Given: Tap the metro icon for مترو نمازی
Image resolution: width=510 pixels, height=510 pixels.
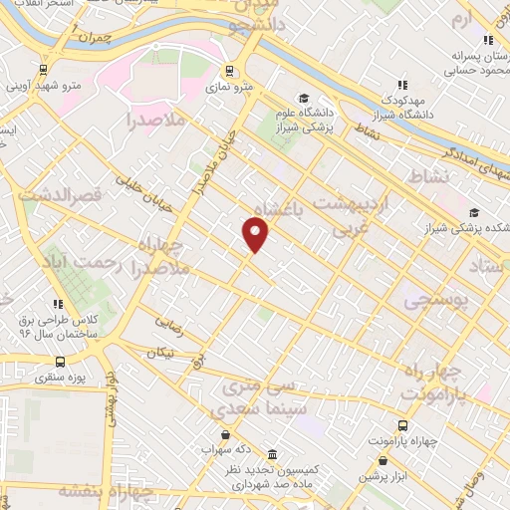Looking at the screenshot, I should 230,71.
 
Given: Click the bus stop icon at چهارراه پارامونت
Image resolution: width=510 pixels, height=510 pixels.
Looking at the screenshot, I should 404,396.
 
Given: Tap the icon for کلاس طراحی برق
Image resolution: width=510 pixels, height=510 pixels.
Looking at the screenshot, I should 59,303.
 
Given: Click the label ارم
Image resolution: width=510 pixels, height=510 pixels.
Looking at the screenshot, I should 459,19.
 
